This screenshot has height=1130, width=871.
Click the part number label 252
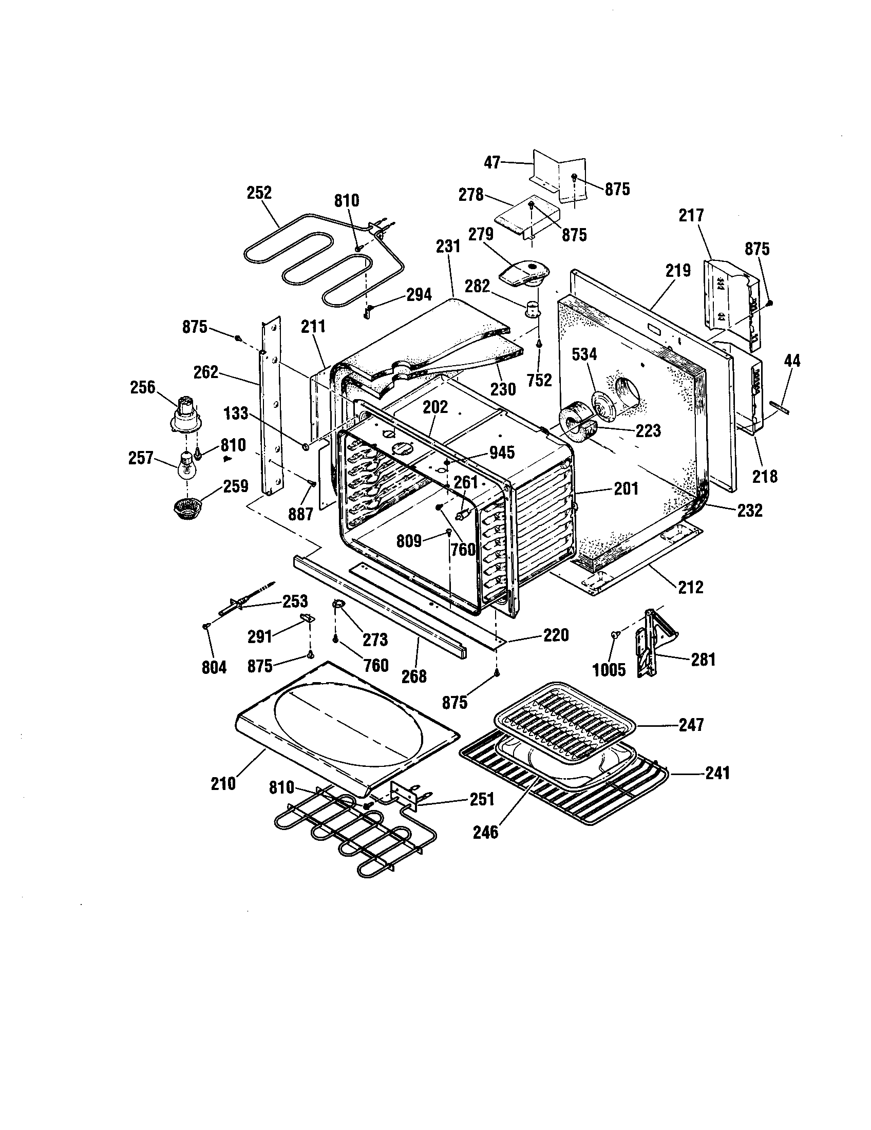pyautogui.click(x=259, y=193)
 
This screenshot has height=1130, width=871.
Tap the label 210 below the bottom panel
pyautogui.click(x=223, y=783)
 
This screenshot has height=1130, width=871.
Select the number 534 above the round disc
pyautogui.click(x=584, y=354)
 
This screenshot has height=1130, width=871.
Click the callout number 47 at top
pyautogui.click(x=493, y=162)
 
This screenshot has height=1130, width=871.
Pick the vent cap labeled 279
pyautogui.click(x=524, y=273)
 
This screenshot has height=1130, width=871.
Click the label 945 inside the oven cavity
pyautogui.click(x=501, y=453)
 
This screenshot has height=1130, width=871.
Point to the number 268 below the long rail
pyautogui.click(x=414, y=676)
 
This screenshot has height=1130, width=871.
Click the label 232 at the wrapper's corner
pyautogui.click(x=749, y=510)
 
